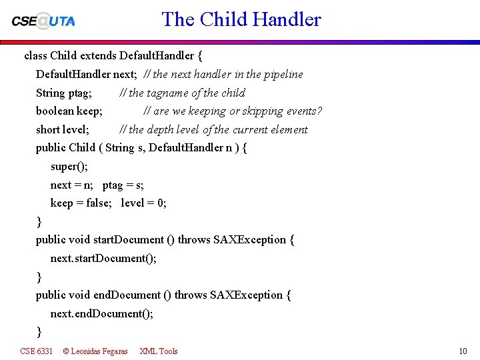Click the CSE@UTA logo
coord(43,20)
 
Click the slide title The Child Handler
coord(241,19)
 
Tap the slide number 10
coord(463,351)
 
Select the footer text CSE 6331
coord(36,351)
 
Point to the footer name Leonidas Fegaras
coord(99,351)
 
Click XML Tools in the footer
coord(159,351)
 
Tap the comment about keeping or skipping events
coord(233,111)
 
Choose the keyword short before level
coord(48,129)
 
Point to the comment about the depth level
coord(213,129)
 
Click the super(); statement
coord(69,166)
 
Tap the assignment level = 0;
coord(143,203)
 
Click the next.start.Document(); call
coord(103,258)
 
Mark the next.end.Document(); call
coord(101,313)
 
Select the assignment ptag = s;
coord(123,185)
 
